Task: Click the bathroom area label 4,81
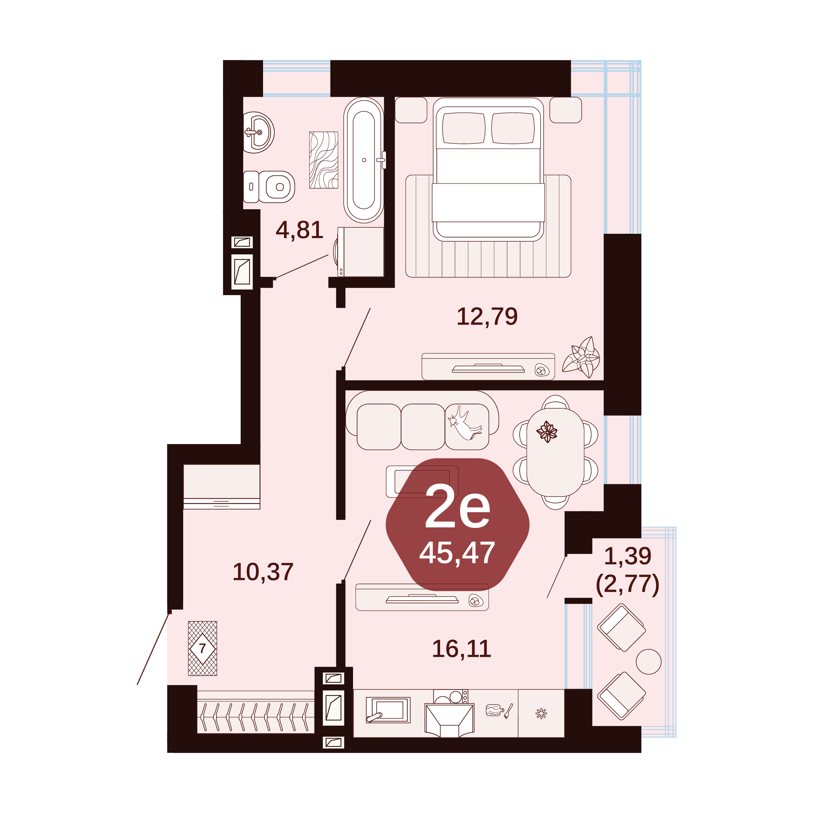click(x=299, y=230)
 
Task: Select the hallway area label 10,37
click(x=263, y=572)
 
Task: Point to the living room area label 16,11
click(x=462, y=649)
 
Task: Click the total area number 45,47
click(x=457, y=553)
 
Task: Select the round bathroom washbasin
click(x=258, y=133)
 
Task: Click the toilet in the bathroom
click(x=269, y=187)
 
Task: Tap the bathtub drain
click(x=364, y=160)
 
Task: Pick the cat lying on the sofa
click(x=465, y=422)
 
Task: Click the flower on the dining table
click(x=547, y=432)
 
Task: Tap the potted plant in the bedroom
click(x=582, y=357)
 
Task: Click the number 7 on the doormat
click(x=202, y=649)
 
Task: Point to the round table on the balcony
click(x=649, y=662)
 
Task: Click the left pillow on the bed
click(x=463, y=128)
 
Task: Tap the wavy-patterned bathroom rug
click(x=324, y=160)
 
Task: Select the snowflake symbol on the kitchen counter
click(x=541, y=713)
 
